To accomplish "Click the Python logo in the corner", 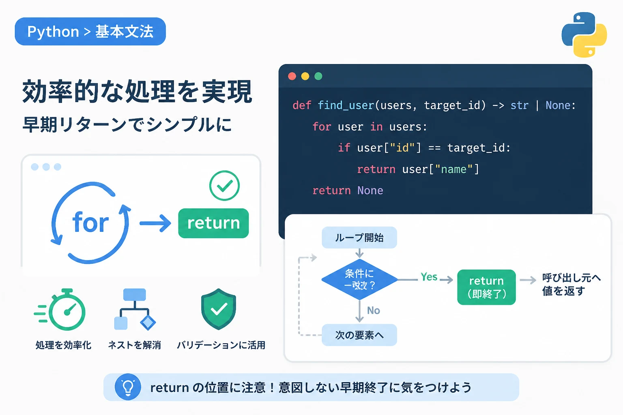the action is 584,34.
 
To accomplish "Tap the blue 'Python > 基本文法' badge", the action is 90,32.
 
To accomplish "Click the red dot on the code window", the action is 292,76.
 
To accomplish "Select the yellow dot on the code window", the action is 305,76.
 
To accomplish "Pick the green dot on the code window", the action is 318,76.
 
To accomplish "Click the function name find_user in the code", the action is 346,106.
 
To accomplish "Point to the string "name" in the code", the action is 454,169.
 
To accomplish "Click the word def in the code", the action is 302,106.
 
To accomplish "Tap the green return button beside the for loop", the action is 213,223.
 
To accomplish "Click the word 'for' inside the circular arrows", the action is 90,222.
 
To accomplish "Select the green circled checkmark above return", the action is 224,185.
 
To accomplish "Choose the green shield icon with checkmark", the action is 219,309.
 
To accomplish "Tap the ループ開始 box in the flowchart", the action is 359,237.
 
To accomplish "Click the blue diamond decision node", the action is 360,280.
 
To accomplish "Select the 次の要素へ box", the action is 359,335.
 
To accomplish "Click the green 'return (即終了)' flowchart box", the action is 486,287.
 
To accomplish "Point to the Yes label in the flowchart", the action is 429,277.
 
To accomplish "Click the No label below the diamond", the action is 373,310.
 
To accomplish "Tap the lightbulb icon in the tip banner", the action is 128,387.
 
